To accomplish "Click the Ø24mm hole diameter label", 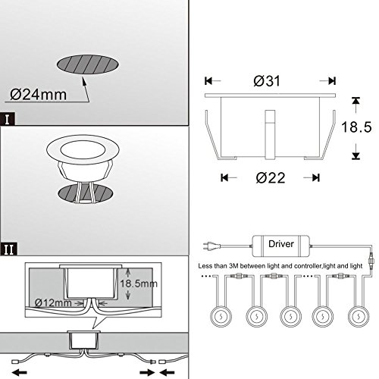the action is click(x=39, y=95).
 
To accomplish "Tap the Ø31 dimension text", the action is click(x=267, y=81).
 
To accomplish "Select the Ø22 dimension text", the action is click(x=271, y=177).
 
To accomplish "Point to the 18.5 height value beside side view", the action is click(x=356, y=127).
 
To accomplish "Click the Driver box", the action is click(x=281, y=245).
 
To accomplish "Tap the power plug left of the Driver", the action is click(x=211, y=246).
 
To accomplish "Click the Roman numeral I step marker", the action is click(x=8, y=119).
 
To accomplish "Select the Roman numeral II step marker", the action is click(x=8, y=249).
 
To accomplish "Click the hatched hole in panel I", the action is click(x=88, y=64).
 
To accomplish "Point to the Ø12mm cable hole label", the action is click(x=53, y=302).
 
